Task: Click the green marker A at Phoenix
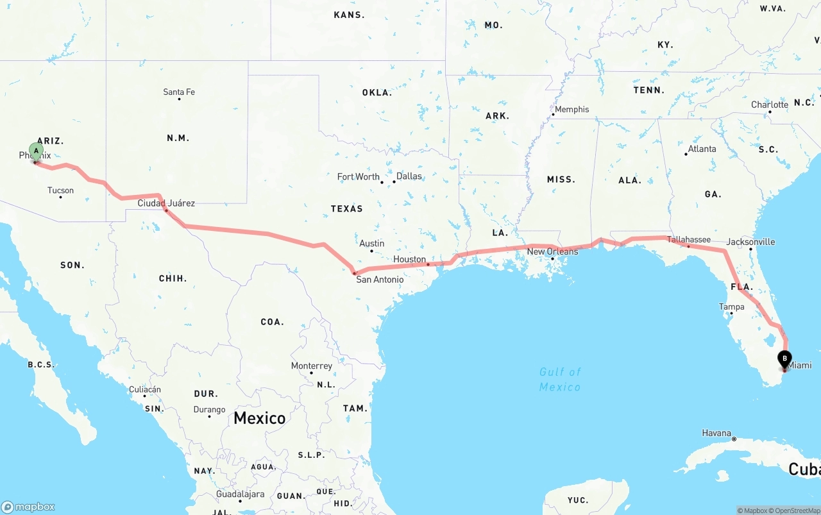coord(37,152)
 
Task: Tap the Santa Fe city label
coord(179,92)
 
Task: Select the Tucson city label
coord(60,190)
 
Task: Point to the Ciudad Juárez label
coord(166,203)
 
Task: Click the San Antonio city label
coord(380,280)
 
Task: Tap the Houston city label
coord(409,260)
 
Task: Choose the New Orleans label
coord(552,251)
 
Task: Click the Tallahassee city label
coord(688,240)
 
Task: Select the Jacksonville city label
coord(750,242)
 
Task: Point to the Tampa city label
coord(731,307)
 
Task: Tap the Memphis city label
coord(571,110)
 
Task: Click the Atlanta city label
coord(702,149)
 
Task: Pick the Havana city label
coord(716,434)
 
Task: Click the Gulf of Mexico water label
coord(560,379)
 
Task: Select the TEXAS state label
coord(346,209)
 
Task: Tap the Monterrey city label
coord(312,366)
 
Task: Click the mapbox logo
coord(28,507)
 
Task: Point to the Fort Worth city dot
coord(382,182)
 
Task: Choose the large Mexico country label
coord(259,418)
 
